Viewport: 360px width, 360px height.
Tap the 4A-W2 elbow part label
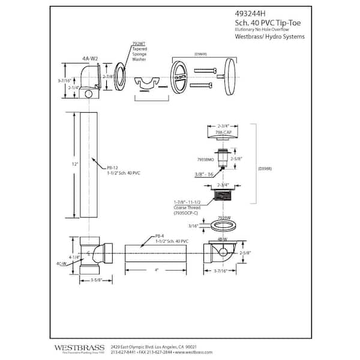pyautogui.click(x=90, y=59)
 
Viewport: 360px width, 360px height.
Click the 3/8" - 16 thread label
pyautogui.click(x=204, y=175)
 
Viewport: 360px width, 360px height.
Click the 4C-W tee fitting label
pyautogui.click(x=60, y=262)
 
